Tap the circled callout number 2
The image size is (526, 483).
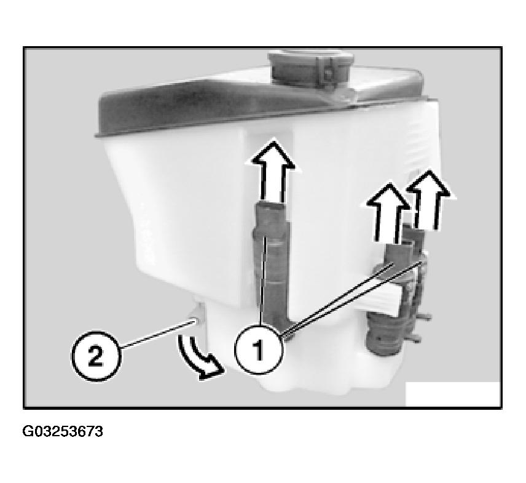click(96, 356)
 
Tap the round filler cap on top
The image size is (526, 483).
click(310, 69)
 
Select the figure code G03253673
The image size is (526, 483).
click(63, 431)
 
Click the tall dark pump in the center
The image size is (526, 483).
click(272, 265)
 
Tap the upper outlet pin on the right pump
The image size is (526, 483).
click(425, 316)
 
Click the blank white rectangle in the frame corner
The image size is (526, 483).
click(453, 394)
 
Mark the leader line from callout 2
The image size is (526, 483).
click(158, 334)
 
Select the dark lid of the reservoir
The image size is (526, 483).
click(262, 101)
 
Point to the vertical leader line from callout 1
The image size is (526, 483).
click(262, 281)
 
